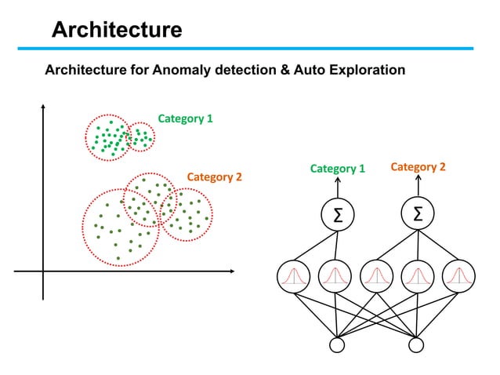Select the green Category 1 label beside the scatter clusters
(x=186, y=119)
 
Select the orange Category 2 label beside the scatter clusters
(x=214, y=177)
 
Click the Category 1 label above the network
(x=338, y=168)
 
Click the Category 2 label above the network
(x=418, y=167)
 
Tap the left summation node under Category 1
(x=338, y=215)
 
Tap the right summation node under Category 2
(x=417, y=215)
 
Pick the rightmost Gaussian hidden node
(x=458, y=275)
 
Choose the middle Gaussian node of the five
(x=376, y=275)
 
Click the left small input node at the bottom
(x=338, y=344)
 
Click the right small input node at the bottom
(x=416, y=344)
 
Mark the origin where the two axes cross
(x=44, y=271)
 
